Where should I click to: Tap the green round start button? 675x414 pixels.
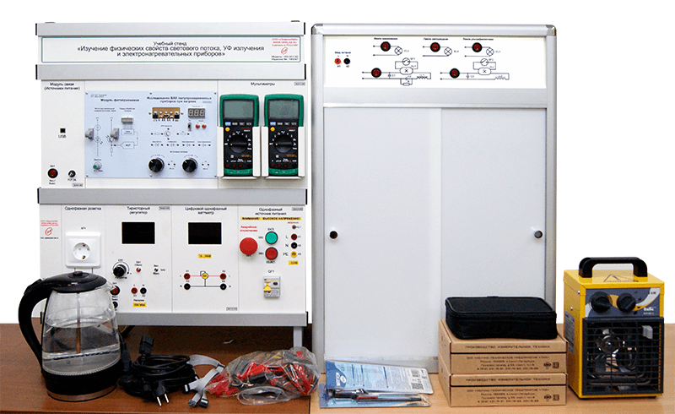coord(272,237)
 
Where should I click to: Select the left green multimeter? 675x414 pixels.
coord(239,135)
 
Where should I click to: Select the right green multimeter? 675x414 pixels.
coord(283,135)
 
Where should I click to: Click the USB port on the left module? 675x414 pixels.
coord(62,128)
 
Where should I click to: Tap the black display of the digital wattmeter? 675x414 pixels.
coord(204,233)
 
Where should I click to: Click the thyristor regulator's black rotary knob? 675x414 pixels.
coord(120,270)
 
